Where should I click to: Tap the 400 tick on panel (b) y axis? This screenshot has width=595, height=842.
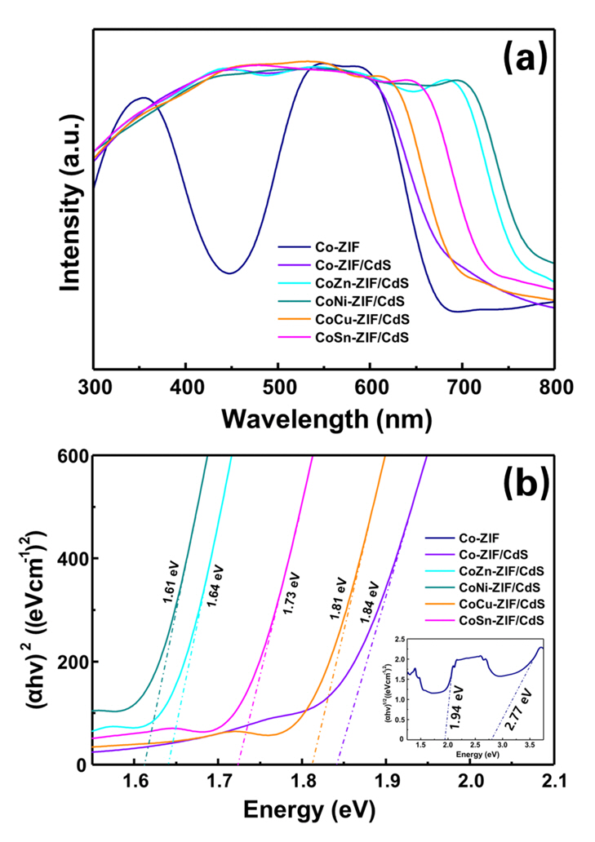(72, 558)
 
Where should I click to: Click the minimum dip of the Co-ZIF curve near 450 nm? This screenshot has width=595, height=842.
(230, 273)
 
